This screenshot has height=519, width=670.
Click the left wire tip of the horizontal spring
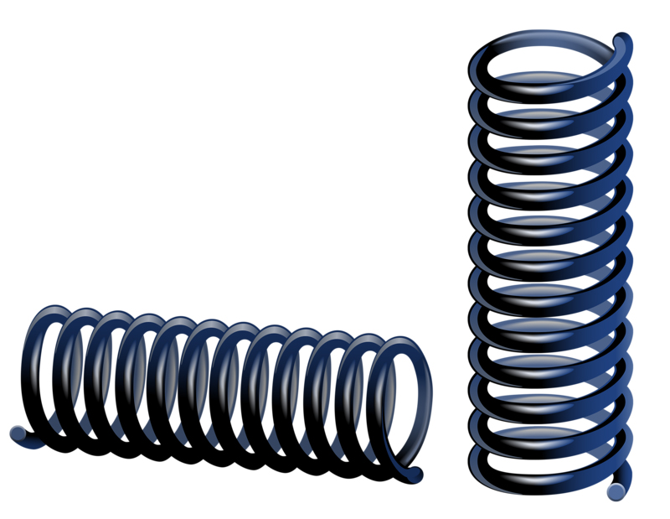click(x=17, y=433)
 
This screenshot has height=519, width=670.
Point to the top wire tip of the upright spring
click(x=624, y=39)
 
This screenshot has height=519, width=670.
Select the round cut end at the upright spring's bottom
click(x=617, y=490)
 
